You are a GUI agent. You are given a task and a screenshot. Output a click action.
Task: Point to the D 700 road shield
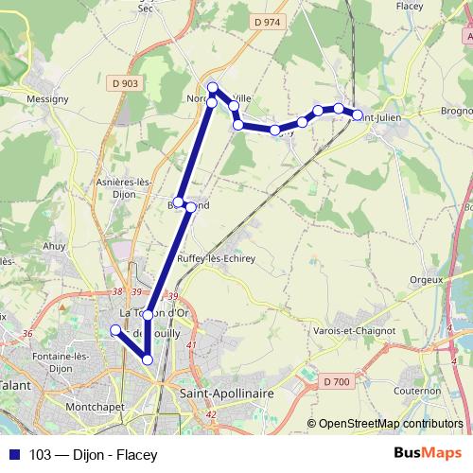336,381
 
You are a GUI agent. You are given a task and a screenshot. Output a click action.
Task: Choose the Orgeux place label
427,279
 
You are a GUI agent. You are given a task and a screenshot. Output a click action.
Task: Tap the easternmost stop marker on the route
358,114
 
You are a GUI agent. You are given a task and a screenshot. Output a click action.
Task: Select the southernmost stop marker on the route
148,359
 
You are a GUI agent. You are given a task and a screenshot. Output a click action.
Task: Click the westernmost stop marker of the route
115,330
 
